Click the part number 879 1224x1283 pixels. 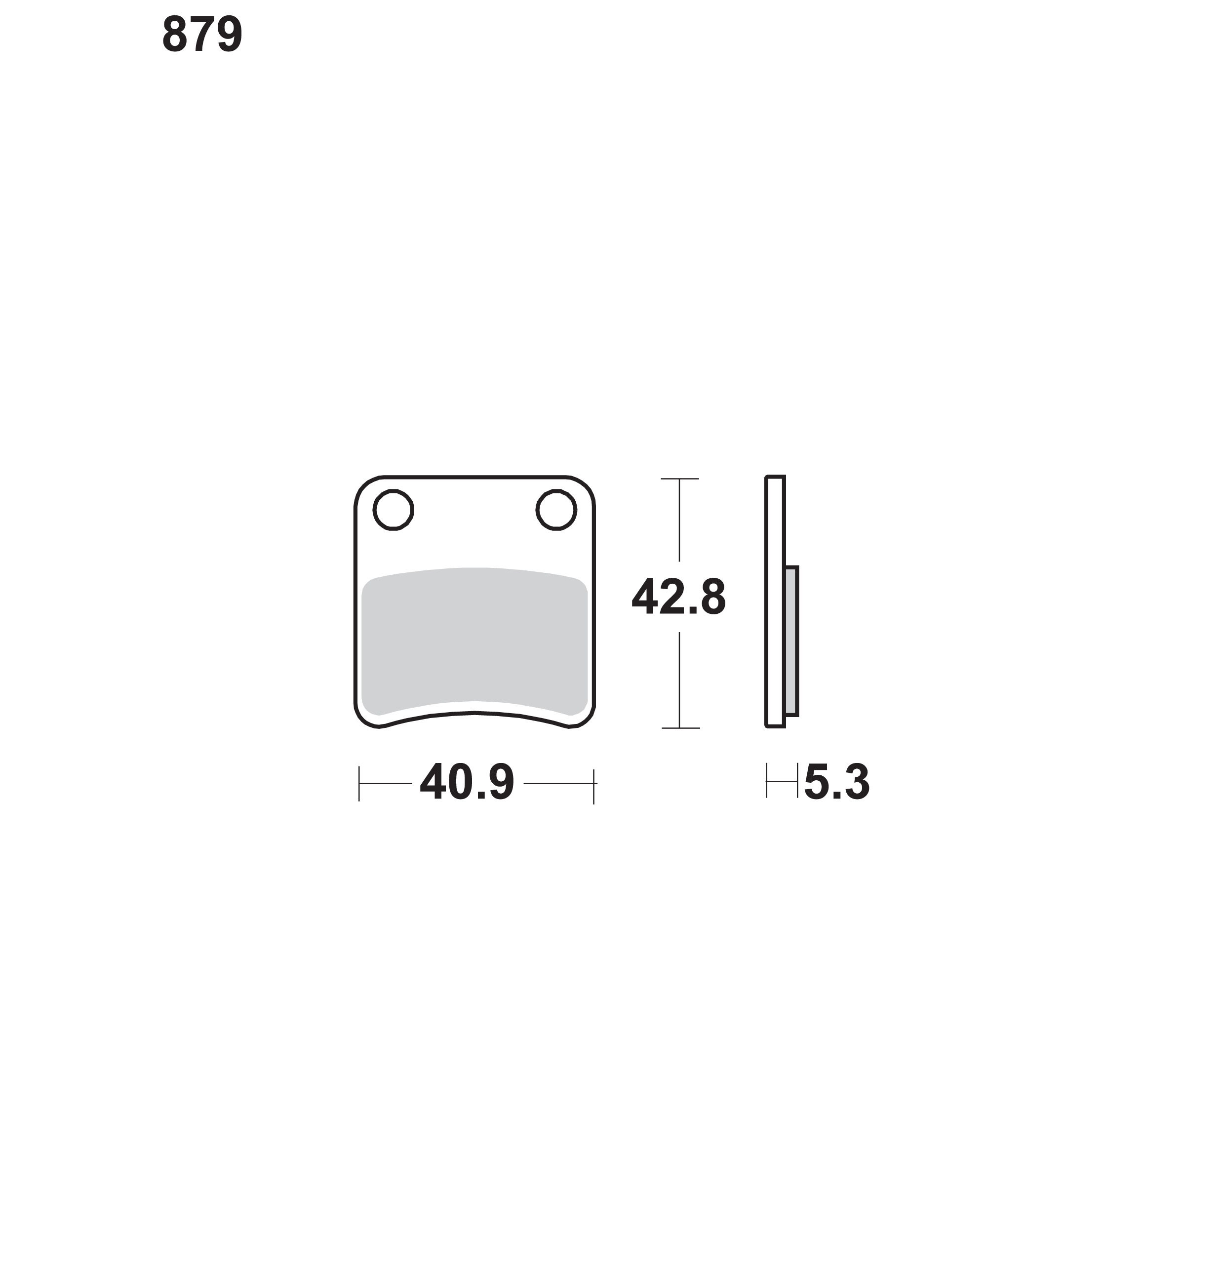[x=202, y=35]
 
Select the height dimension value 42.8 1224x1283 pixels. [x=678, y=597]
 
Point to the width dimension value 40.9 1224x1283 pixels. [x=467, y=782]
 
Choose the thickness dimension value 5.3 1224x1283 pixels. [x=837, y=782]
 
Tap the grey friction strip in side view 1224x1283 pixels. [x=791, y=641]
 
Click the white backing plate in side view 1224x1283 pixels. [x=775, y=601]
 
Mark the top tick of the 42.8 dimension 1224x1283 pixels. [x=680, y=479]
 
